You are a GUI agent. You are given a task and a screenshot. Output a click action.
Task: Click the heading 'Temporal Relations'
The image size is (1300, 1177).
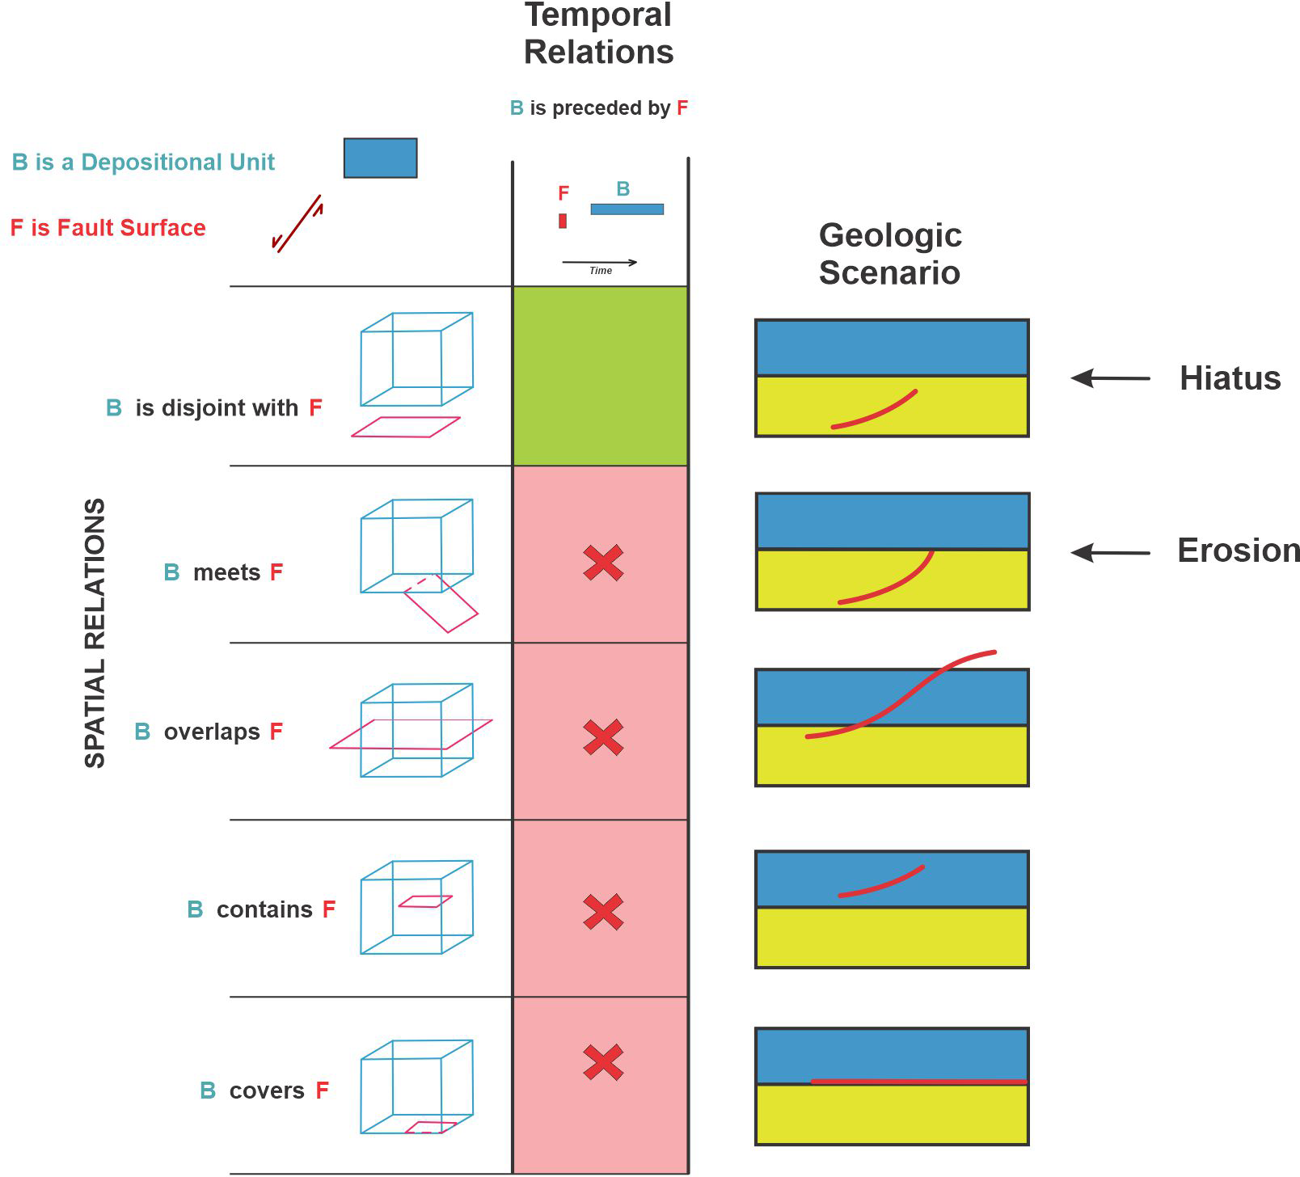click(x=598, y=34)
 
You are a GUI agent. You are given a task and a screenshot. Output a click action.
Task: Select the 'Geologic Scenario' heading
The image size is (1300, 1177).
click(x=890, y=254)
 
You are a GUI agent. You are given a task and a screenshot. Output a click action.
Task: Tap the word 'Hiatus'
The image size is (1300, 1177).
click(x=1230, y=378)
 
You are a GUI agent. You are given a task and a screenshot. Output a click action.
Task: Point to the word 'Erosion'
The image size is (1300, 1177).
click(x=1238, y=551)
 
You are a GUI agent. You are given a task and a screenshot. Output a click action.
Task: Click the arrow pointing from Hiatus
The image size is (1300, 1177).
click(x=1110, y=378)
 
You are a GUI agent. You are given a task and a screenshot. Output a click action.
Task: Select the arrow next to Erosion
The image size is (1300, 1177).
click(x=1110, y=553)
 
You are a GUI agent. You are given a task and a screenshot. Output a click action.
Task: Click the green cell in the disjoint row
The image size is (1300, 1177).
click(x=600, y=376)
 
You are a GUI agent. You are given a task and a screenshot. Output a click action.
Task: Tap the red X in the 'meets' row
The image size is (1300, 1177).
click(x=603, y=563)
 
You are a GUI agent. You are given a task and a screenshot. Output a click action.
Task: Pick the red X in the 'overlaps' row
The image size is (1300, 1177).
click(x=603, y=737)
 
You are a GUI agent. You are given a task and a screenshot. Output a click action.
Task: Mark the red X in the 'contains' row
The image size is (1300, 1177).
click(x=603, y=912)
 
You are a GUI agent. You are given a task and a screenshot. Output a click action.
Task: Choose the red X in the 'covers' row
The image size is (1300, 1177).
click(x=603, y=1062)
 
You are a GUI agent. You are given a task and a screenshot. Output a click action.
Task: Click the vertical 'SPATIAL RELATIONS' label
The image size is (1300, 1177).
click(x=95, y=633)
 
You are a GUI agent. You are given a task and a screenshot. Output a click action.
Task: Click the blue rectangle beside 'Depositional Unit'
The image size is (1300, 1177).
click(x=380, y=158)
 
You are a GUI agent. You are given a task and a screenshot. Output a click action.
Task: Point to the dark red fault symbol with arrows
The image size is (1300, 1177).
click(x=298, y=224)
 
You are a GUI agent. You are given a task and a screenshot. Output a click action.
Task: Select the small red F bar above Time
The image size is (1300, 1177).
click(x=563, y=221)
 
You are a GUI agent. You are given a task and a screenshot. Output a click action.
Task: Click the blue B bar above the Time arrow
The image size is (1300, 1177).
click(x=627, y=209)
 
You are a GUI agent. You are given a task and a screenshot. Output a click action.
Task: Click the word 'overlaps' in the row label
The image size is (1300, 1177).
click(x=212, y=732)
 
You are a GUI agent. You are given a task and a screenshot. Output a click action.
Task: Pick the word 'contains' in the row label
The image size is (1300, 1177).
click(x=264, y=910)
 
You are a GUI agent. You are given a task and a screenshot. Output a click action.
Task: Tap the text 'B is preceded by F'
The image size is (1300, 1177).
click(x=599, y=108)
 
